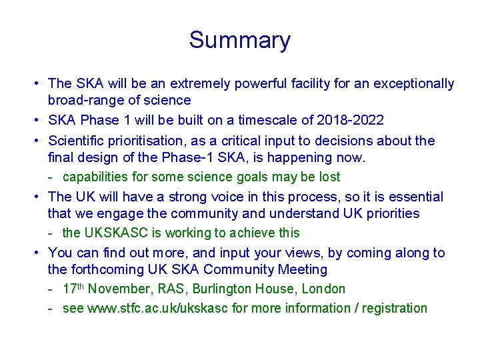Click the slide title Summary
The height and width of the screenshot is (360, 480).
click(239, 40)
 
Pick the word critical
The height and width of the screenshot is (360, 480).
click(265, 141)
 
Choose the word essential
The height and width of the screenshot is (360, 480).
click(410, 197)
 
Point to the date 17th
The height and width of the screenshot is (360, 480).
click(73, 289)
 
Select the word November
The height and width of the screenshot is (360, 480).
click(117, 289)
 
